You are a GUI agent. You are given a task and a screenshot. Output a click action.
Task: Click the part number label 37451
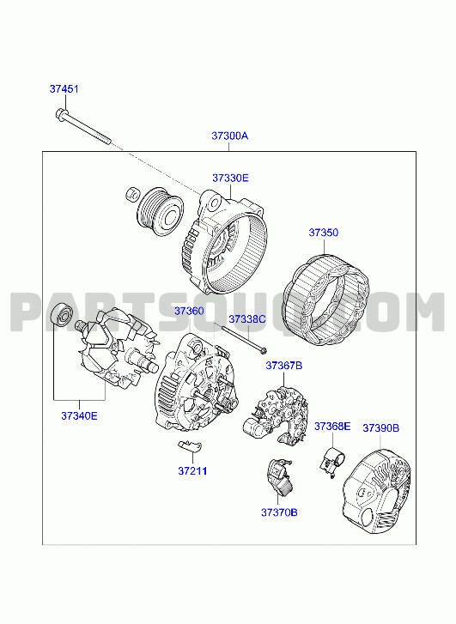(64, 88)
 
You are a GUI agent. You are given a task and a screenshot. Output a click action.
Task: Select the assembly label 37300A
(230, 136)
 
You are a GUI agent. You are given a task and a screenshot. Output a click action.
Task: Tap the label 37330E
(230, 178)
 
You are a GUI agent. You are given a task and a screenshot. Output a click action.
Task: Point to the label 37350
(324, 233)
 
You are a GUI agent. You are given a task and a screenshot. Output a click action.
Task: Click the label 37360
(189, 311)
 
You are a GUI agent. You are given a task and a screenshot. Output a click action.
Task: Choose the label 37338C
(247, 319)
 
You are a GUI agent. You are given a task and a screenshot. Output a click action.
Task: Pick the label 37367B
(284, 366)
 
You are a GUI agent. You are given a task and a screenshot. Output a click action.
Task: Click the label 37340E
(79, 416)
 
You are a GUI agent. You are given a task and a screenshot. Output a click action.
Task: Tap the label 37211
(192, 470)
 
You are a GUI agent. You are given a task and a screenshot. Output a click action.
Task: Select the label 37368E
(332, 427)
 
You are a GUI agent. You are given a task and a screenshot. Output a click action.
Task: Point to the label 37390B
(380, 428)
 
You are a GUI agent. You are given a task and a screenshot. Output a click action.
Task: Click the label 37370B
(279, 512)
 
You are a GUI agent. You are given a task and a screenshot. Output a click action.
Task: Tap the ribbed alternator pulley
(160, 213)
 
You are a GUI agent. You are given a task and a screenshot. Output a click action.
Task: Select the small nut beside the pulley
(132, 194)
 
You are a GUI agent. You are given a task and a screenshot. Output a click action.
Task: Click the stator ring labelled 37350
(325, 300)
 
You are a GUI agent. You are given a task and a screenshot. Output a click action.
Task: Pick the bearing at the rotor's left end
(63, 314)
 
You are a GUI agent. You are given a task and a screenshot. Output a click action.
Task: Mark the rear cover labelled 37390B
(376, 492)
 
